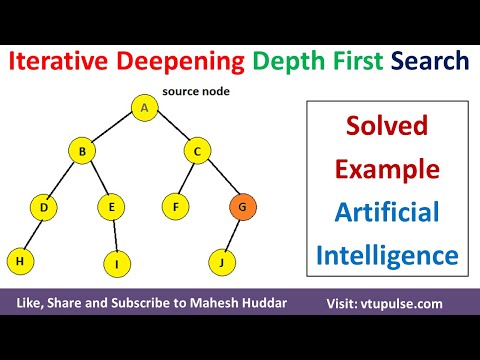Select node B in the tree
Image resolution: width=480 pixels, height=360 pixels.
(82, 152)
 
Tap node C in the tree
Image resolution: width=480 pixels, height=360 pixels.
(197, 152)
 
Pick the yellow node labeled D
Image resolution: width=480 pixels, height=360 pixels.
(44, 208)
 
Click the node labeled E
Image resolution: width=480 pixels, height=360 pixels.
(111, 208)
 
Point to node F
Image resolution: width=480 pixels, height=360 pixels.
(176, 208)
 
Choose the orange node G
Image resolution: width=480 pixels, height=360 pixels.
(241, 208)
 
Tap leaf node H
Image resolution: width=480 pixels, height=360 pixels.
(19, 261)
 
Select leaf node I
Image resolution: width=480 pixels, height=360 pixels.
(117, 264)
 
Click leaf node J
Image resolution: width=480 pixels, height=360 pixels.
(221, 263)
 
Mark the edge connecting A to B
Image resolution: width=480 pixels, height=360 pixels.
(114, 130)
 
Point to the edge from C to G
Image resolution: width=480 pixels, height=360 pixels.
(220, 181)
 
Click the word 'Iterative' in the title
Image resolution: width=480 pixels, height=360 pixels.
(62, 62)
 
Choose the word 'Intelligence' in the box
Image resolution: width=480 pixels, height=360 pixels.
(386, 254)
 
